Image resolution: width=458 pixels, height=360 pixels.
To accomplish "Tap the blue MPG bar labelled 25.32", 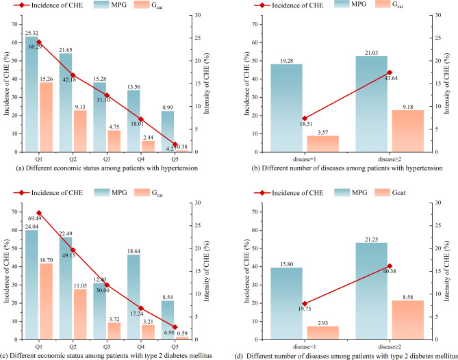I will point(31,103).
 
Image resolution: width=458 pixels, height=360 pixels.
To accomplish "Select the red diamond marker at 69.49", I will point(39,214).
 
